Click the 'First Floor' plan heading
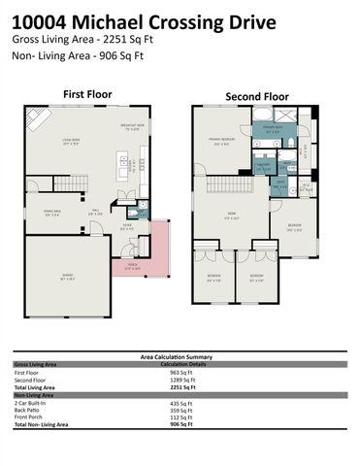click(x=87, y=94)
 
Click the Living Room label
click(x=71, y=142)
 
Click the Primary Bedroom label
click(x=221, y=141)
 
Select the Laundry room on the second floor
click(x=263, y=165)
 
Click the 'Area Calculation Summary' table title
click(x=180, y=357)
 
